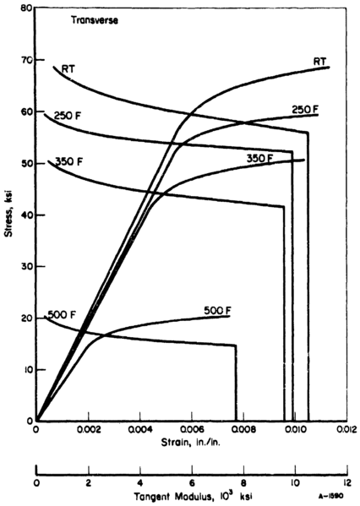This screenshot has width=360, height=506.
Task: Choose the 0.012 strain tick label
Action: (346, 430)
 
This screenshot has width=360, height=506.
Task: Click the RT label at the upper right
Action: (319, 61)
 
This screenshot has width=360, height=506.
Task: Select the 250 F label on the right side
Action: (303, 110)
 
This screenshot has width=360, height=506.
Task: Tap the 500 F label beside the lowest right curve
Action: (217, 310)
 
